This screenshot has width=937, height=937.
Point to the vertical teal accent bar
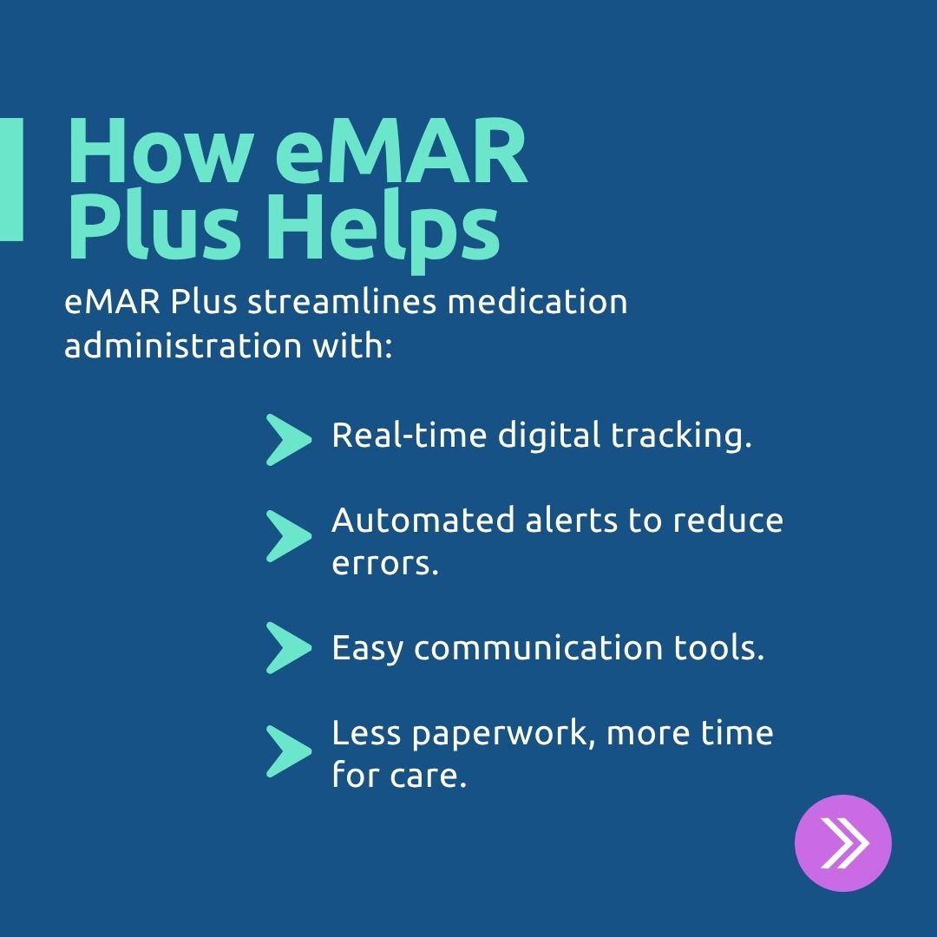pyautogui.click(x=11, y=179)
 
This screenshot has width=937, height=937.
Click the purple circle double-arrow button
pyautogui.click(x=842, y=842)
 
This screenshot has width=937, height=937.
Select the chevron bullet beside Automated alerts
pyautogui.click(x=287, y=535)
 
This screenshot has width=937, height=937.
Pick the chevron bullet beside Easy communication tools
pyautogui.click(x=287, y=648)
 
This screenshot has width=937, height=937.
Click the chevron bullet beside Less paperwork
pyautogui.click(x=287, y=750)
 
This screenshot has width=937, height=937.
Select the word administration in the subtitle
pyautogui.click(x=174, y=345)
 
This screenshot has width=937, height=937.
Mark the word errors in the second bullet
pyautogui.click(x=384, y=564)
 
